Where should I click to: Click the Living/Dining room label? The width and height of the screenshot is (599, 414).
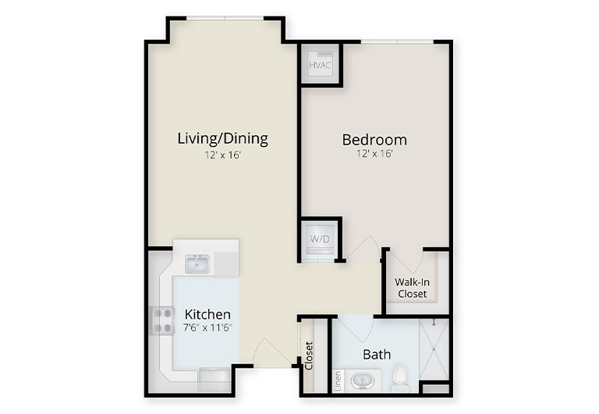(x=223, y=138)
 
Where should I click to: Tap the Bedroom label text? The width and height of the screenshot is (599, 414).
(x=374, y=140)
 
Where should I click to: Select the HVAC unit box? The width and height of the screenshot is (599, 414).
(x=320, y=65)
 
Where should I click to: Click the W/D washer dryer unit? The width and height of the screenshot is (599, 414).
(x=320, y=241)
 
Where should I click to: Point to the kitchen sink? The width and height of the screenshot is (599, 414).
(x=197, y=264)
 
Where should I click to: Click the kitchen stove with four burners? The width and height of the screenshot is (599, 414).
(x=162, y=320)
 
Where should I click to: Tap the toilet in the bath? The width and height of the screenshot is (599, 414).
(x=400, y=378)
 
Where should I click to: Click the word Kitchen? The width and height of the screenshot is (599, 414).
(x=207, y=314)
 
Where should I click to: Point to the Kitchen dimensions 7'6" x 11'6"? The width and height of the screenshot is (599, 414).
(x=207, y=328)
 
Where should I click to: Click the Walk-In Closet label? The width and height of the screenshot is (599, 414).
(x=412, y=288)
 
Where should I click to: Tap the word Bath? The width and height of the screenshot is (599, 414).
(x=377, y=355)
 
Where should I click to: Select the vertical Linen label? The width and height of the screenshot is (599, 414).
(x=338, y=380)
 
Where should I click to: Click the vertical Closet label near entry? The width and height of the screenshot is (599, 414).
(x=309, y=355)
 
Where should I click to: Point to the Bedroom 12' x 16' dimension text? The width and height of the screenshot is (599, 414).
(x=374, y=154)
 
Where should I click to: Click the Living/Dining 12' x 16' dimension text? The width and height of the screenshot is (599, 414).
(x=223, y=155)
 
